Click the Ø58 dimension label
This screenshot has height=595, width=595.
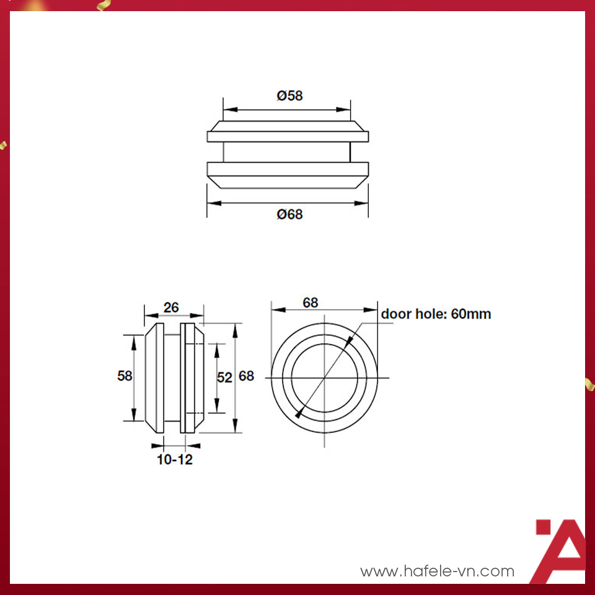click(289, 96)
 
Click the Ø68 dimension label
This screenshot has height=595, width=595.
click(289, 214)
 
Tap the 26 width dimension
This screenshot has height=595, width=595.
click(171, 307)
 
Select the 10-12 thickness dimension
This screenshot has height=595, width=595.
click(174, 460)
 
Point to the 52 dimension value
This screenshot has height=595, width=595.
click(224, 377)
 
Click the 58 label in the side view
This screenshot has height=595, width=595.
click(125, 376)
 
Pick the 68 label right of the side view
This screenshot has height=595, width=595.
click(246, 376)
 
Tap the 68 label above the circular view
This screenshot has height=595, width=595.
click(311, 302)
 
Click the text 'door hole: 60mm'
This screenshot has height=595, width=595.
click(436, 314)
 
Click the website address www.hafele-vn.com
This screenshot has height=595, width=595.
click(437, 571)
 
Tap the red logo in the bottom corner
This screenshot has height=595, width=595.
click(560, 550)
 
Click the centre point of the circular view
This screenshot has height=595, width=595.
click(324, 378)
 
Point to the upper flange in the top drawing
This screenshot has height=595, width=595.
click(287, 131)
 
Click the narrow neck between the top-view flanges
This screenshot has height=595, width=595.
click(287, 152)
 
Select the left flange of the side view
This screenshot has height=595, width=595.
click(154, 377)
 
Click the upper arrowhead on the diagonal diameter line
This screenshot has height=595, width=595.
click(351, 340)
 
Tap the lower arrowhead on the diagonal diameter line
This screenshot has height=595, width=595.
click(299, 415)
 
